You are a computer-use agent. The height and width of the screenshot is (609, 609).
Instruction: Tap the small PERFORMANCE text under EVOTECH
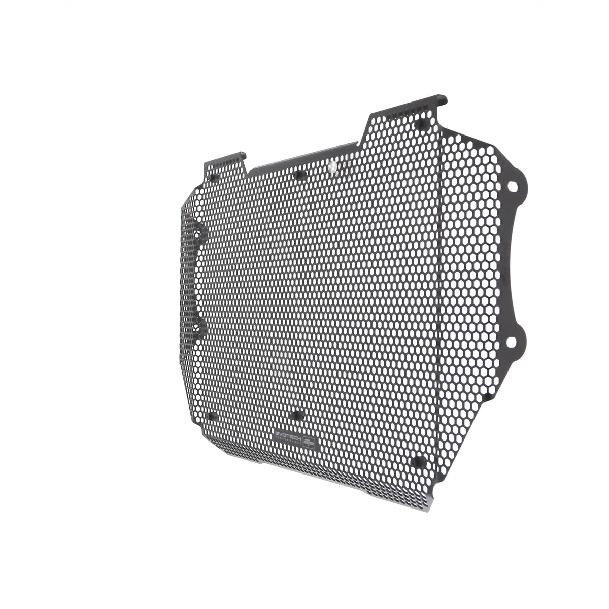coord(288,441)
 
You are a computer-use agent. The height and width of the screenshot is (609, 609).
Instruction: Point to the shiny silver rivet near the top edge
coord(332,166)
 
